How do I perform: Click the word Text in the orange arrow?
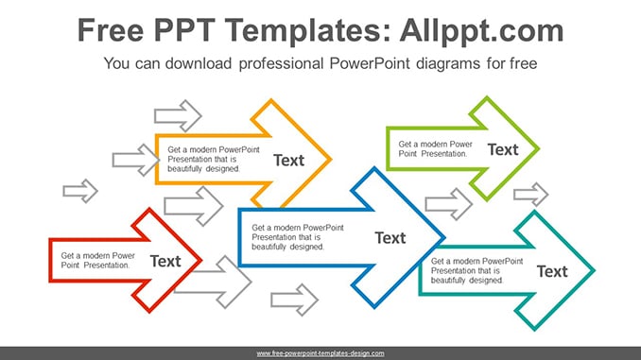pos(288,161)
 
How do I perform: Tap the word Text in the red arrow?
pos(165,261)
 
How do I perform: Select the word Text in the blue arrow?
pos(390,238)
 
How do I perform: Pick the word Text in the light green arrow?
pos(503,149)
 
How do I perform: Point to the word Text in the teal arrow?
pos(552,271)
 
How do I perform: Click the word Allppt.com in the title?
pos(481,30)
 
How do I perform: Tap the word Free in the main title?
pos(111,30)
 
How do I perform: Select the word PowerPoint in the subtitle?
pos(369,63)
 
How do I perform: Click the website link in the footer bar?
pos(320,353)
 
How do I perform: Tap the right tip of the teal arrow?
pos(595,270)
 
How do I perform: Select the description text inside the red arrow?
pos(97,260)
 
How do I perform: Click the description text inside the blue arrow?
pos(298,237)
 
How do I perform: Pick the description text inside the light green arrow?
pos(436,148)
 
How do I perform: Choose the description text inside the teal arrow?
pos(476,270)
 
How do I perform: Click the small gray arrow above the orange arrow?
pos(178,115)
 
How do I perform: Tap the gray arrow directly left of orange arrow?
pos(136,160)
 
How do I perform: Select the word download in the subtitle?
pos(199,63)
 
